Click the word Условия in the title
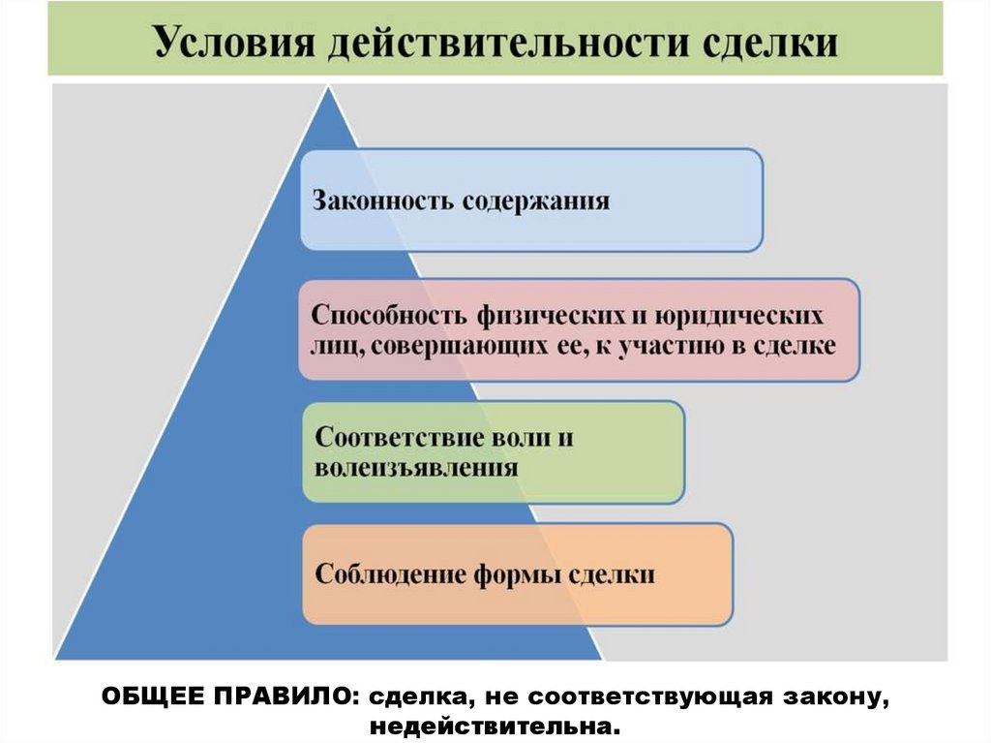point(225,44)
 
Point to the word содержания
point(535,201)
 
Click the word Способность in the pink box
point(388,317)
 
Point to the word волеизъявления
point(416,467)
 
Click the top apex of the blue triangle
point(329,88)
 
